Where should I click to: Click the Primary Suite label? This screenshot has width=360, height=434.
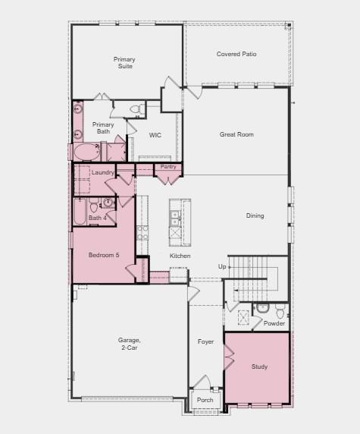[x=124, y=62]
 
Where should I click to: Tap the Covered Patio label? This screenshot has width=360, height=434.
[x=236, y=54]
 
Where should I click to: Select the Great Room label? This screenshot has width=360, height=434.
[x=236, y=134]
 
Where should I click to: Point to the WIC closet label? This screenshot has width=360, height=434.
[x=155, y=135]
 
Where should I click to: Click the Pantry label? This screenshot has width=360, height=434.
[x=168, y=166]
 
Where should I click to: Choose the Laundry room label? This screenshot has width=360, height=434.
[x=102, y=172]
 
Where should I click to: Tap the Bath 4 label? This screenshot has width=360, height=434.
[x=97, y=219]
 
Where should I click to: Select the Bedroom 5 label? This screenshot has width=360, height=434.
[x=104, y=255]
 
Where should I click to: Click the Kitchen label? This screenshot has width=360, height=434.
[x=180, y=256]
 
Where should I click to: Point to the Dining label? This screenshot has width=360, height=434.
[x=255, y=215]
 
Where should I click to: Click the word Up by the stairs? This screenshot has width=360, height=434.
[x=222, y=266]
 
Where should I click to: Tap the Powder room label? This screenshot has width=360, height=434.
[x=274, y=323]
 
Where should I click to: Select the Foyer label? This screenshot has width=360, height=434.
[x=206, y=341]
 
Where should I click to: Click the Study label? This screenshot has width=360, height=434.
[x=259, y=366]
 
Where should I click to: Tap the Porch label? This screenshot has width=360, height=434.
[x=205, y=400]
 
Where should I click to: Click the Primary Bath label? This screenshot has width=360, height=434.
[x=103, y=128]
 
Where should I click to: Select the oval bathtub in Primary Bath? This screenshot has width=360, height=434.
[x=86, y=152]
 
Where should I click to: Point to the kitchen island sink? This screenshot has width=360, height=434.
[x=174, y=219]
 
